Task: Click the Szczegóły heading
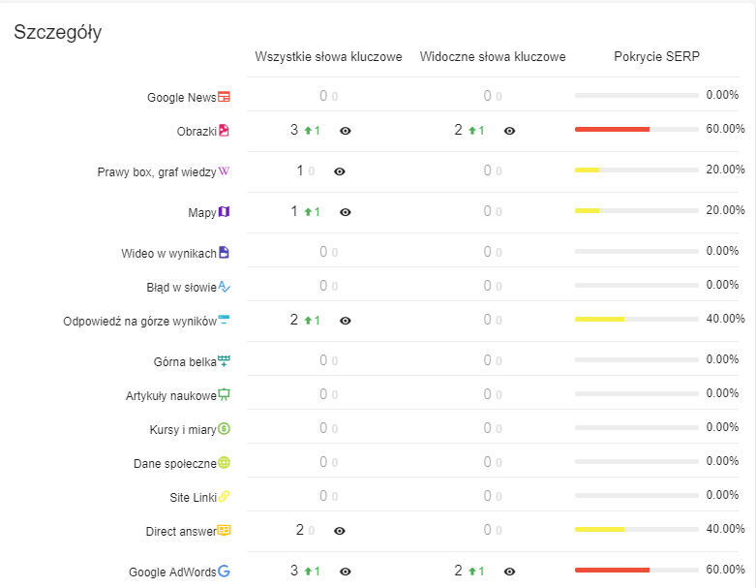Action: [57, 32]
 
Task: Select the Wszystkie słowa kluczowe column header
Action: [328, 57]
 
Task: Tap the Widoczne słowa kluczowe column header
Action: [493, 57]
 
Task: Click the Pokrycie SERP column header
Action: [656, 57]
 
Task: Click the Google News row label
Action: [181, 98]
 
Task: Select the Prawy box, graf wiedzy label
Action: [157, 172]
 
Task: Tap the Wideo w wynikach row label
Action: [168, 254]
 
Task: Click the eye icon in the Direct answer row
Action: [340, 531]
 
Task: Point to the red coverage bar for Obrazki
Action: [612, 129]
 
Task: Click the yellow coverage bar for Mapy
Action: [587, 210]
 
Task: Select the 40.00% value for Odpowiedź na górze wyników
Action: [725, 319]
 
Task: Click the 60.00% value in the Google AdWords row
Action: [725, 570]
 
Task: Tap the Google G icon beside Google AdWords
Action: [224, 572]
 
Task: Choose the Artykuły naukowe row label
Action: [170, 396]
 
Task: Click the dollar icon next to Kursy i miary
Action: [224, 428]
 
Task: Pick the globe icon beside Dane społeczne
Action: [224, 463]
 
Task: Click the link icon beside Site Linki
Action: [224, 497]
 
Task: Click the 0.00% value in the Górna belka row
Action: [722, 359]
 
